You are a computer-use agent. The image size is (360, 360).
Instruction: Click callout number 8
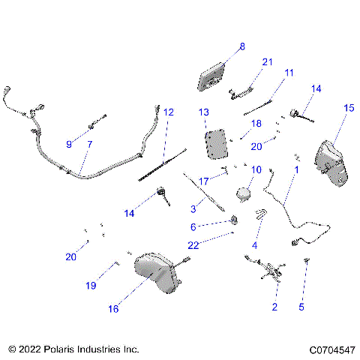(241, 46)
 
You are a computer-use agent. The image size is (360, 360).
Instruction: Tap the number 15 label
(348, 109)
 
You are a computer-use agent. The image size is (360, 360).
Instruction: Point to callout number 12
(169, 112)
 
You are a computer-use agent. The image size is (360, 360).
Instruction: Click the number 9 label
(69, 144)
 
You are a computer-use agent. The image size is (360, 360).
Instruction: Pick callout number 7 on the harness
(90, 144)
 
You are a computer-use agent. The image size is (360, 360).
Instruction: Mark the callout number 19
(91, 286)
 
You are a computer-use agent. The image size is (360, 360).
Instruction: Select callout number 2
(274, 307)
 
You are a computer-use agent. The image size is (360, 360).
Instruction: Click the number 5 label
(301, 307)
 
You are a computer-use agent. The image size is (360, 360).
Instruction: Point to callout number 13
(204, 112)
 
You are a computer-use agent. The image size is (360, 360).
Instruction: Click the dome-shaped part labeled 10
(244, 193)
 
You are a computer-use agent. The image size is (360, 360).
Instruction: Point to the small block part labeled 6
(234, 219)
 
